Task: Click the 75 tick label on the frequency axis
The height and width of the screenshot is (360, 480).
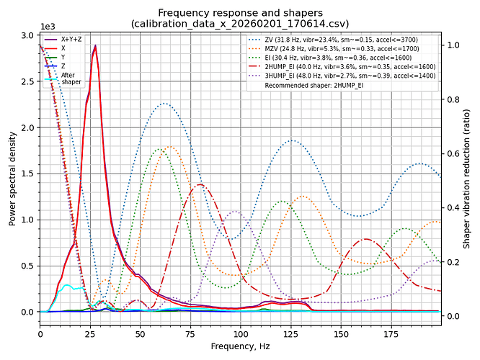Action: pyautogui.click(x=190, y=334)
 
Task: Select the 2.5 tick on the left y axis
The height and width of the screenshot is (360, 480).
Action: pyautogui.click(x=27, y=81)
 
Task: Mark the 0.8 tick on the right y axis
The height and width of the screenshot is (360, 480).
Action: pyautogui.click(x=454, y=99)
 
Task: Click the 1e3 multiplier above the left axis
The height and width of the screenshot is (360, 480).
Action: pyautogui.click(x=47, y=25)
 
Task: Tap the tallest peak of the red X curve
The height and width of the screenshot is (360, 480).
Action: pyautogui.click(x=95, y=46)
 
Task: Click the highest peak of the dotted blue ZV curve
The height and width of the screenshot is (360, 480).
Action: pyautogui.click(x=164, y=104)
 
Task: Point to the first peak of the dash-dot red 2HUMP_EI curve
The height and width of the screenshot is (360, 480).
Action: pyautogui.click(x=200, y=185)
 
